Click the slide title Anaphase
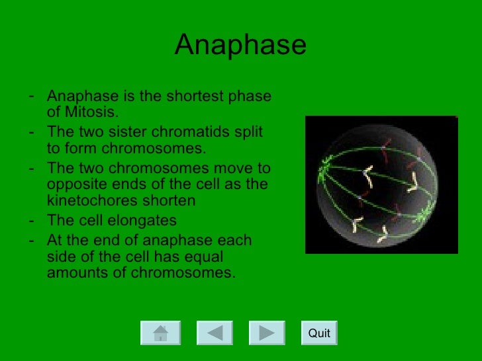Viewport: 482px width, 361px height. click(240, 46)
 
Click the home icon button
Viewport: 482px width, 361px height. click(160, 333)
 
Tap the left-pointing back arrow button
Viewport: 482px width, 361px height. click(214, 333)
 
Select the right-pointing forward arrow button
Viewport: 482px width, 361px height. click(267, 333)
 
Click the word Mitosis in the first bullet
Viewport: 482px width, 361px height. click(90, 111)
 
